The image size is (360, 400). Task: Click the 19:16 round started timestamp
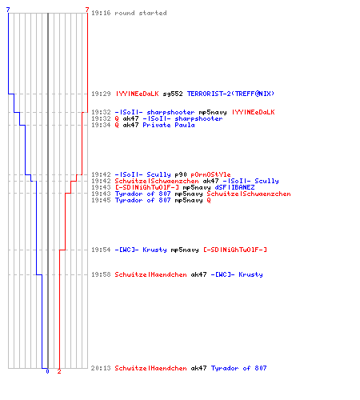[101, 13]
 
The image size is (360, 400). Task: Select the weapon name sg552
[173, 94]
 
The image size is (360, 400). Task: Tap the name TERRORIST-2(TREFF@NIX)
[230, 94]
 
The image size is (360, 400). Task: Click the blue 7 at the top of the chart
[8, 10]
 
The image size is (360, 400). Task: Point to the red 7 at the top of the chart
[87, 10]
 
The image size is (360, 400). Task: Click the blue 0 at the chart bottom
[47, 371]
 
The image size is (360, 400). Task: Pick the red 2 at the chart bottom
[59, 371]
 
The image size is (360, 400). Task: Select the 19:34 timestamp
[101, 125]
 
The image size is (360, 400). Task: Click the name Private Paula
[169, 125]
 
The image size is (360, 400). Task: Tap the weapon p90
[181, 174]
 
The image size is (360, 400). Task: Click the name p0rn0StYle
[210, 174]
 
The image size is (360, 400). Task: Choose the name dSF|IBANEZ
[234, 187]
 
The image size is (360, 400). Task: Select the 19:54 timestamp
[101, 250]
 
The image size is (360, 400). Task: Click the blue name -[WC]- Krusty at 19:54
[141, 250]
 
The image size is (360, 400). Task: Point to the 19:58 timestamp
[101, 274]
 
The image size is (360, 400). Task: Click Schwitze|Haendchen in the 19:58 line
[150, 274]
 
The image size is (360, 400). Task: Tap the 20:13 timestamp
[101, 368]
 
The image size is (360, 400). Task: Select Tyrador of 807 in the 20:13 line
[238, 368]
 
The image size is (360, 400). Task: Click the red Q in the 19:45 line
[209, 200]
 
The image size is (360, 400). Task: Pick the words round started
[141, 13]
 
